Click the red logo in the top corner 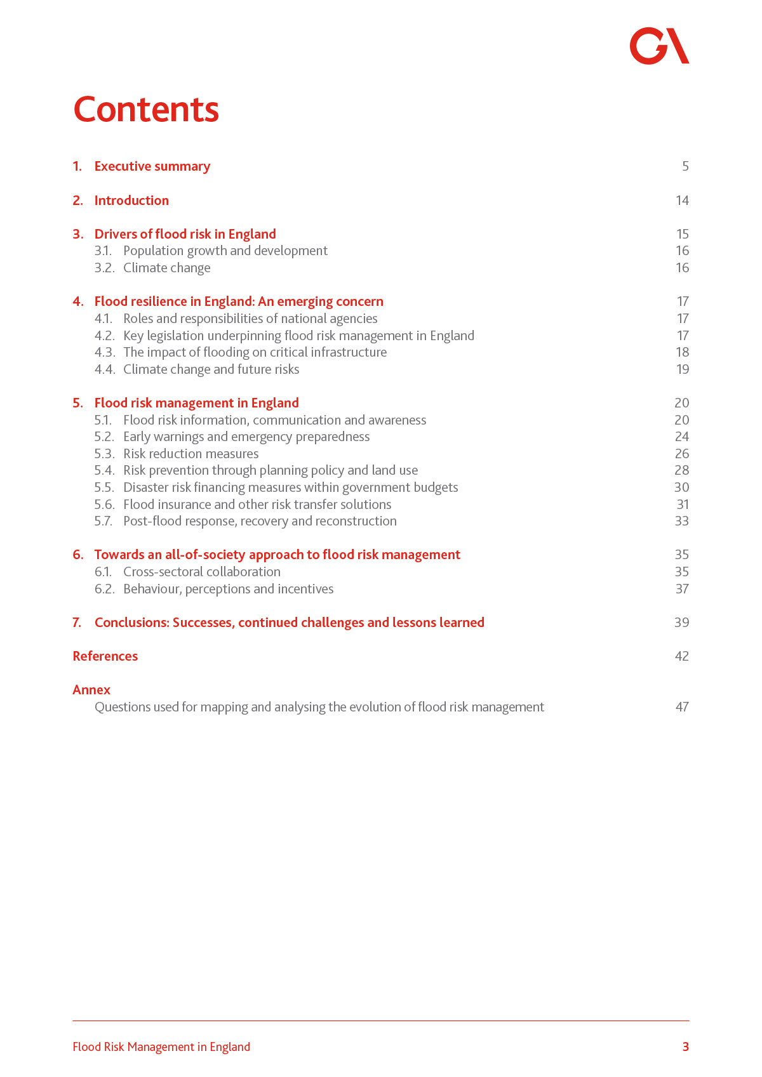point(659,46)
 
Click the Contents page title point(146,109)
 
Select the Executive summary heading point(152,166)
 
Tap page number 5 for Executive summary point(685,166)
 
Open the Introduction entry point(131,201)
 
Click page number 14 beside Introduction point(682,201)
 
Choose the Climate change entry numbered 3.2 point(166,268)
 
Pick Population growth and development point(225,251)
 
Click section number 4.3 point(105,352)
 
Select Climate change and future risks point(211,369)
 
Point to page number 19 point(683,369)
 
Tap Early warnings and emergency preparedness point(246,437)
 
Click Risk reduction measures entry point(190,454)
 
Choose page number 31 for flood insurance point(683,505)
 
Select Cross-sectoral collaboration point(202,572)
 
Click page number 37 point(682,589)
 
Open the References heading point(105,656)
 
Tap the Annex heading point(91,690)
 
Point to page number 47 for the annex point(682,707)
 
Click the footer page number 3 point(685,1047)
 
